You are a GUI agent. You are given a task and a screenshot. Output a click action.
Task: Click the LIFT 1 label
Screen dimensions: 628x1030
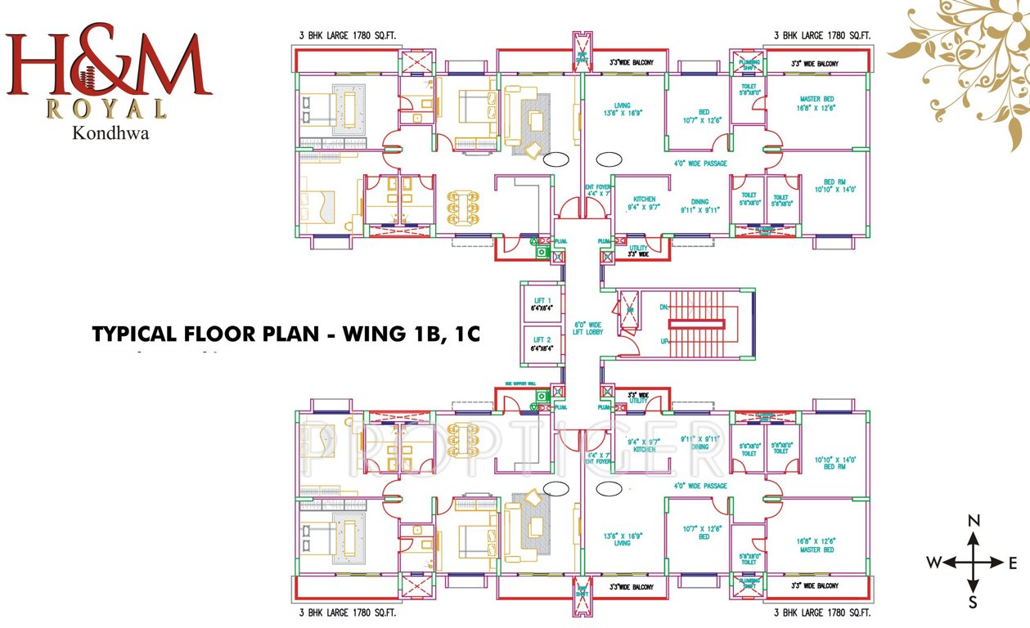[542, 300]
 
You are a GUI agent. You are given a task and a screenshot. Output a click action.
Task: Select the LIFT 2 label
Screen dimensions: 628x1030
[542, 339]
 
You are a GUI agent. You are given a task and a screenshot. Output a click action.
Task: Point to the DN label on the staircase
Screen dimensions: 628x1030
[663, 307]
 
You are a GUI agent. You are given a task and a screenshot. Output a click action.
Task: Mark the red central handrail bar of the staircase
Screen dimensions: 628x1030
[697, 324]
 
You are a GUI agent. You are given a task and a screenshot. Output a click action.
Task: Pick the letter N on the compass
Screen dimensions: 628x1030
[974, 521]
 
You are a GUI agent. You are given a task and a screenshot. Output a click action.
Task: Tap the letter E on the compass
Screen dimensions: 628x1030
[1012, 563]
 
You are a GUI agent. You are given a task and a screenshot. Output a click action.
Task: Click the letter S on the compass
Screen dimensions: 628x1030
[974, 604]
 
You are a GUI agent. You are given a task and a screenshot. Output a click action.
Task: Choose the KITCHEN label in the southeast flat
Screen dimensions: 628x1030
[644, 450]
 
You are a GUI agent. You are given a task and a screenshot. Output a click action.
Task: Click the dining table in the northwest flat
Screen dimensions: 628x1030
[463, 208]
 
